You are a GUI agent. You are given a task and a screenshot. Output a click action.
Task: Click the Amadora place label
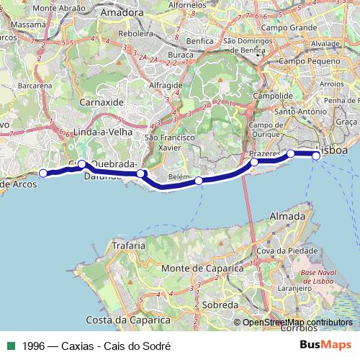123,13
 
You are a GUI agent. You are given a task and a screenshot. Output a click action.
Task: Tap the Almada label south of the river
287,216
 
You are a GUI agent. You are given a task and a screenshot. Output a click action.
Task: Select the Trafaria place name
109,246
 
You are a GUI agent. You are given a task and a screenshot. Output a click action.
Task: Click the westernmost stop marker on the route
43,173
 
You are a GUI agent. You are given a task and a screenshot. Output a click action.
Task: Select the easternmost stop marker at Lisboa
315,154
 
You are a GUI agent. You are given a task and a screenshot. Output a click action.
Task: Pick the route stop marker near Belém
199,181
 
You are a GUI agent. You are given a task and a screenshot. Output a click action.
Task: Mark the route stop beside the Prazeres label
254,163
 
